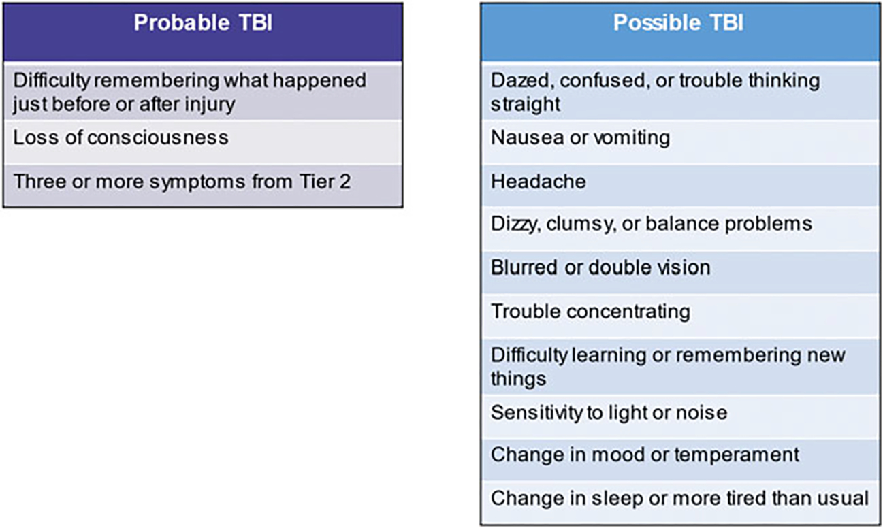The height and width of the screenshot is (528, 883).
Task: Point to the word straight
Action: (526, 105)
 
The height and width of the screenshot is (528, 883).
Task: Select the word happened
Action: (320, 81)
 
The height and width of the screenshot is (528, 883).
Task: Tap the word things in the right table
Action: (518, 379)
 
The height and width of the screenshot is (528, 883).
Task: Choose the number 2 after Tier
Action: (345, 182)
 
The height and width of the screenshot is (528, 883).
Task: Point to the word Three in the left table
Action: (39, 182)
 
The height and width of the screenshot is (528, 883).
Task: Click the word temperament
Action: (737, 455)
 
